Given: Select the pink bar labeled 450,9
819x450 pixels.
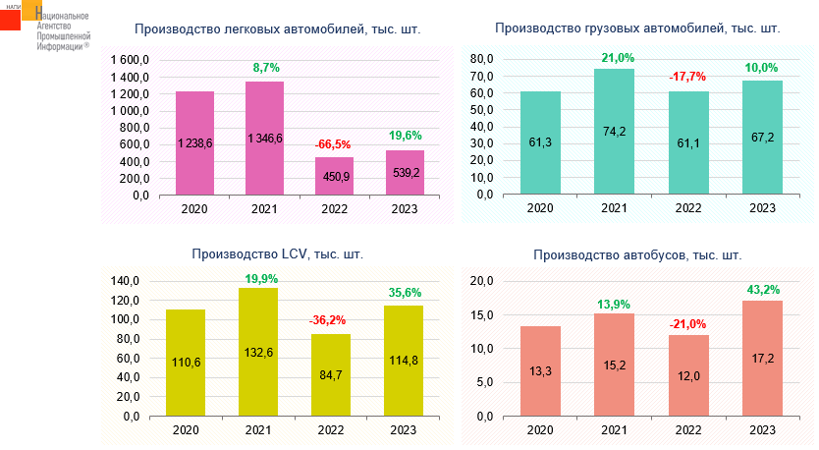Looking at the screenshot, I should [x=334, y=178].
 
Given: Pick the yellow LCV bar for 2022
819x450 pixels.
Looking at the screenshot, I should [x=332, y=375].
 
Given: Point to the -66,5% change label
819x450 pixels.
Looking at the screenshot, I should [x=334, y=145].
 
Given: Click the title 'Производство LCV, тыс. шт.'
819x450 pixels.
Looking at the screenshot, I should [x=277, y=254].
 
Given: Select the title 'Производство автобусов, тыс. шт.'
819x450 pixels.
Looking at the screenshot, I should [x=637, y=255].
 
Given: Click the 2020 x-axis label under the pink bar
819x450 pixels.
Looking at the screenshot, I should [x=194, y=208].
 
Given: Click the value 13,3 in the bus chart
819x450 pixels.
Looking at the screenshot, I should [x=540, y=371].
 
